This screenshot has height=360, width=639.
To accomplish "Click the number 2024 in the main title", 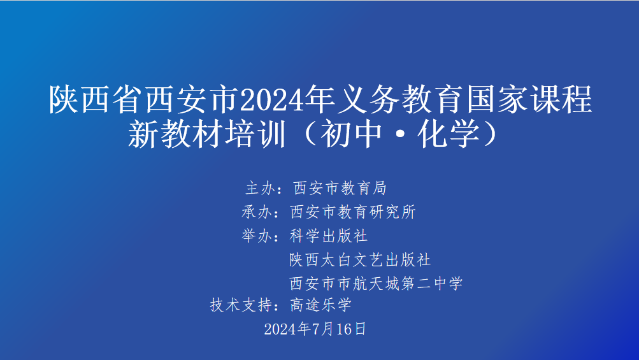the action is pyautogui.click(x=271, y=99).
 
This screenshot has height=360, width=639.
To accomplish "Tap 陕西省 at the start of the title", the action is pyautogui.click(x=96, y=99).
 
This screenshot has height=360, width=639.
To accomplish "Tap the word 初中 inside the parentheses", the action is pyautogui.click(x=351, y=134).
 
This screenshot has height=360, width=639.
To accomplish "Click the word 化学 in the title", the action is pyautogui.click(x=449, y=134).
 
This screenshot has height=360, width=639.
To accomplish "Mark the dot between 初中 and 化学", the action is pyautogui.click(x=400, y=135).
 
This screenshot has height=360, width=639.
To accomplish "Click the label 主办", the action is pyautogui.click(x=261, y=188).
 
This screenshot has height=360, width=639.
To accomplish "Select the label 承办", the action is pyautogui.click(x=257, y=212).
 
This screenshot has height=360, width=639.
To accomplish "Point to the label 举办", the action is pyautogui.click(x=257, y=236).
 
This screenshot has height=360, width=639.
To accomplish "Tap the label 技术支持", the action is pyautogui.click(x=241, y=305).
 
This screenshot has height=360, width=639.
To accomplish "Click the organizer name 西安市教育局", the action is pyautogui.click(x=340, y=188).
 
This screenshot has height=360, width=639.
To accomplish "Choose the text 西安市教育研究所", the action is pyautogui.click(x=353, y=212).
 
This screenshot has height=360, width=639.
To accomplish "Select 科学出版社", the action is pyautogui.click(x=329, y=236).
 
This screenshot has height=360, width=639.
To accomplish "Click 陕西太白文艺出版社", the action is pyautogui.click(x=360, y=260).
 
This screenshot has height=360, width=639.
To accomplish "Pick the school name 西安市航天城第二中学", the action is pyautogui.click(x=376, y=284).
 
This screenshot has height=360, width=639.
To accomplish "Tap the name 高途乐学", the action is pyautogui.click(x=320, y=305).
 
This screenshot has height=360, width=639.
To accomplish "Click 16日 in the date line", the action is pyautogui.click(x=351, y=329).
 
